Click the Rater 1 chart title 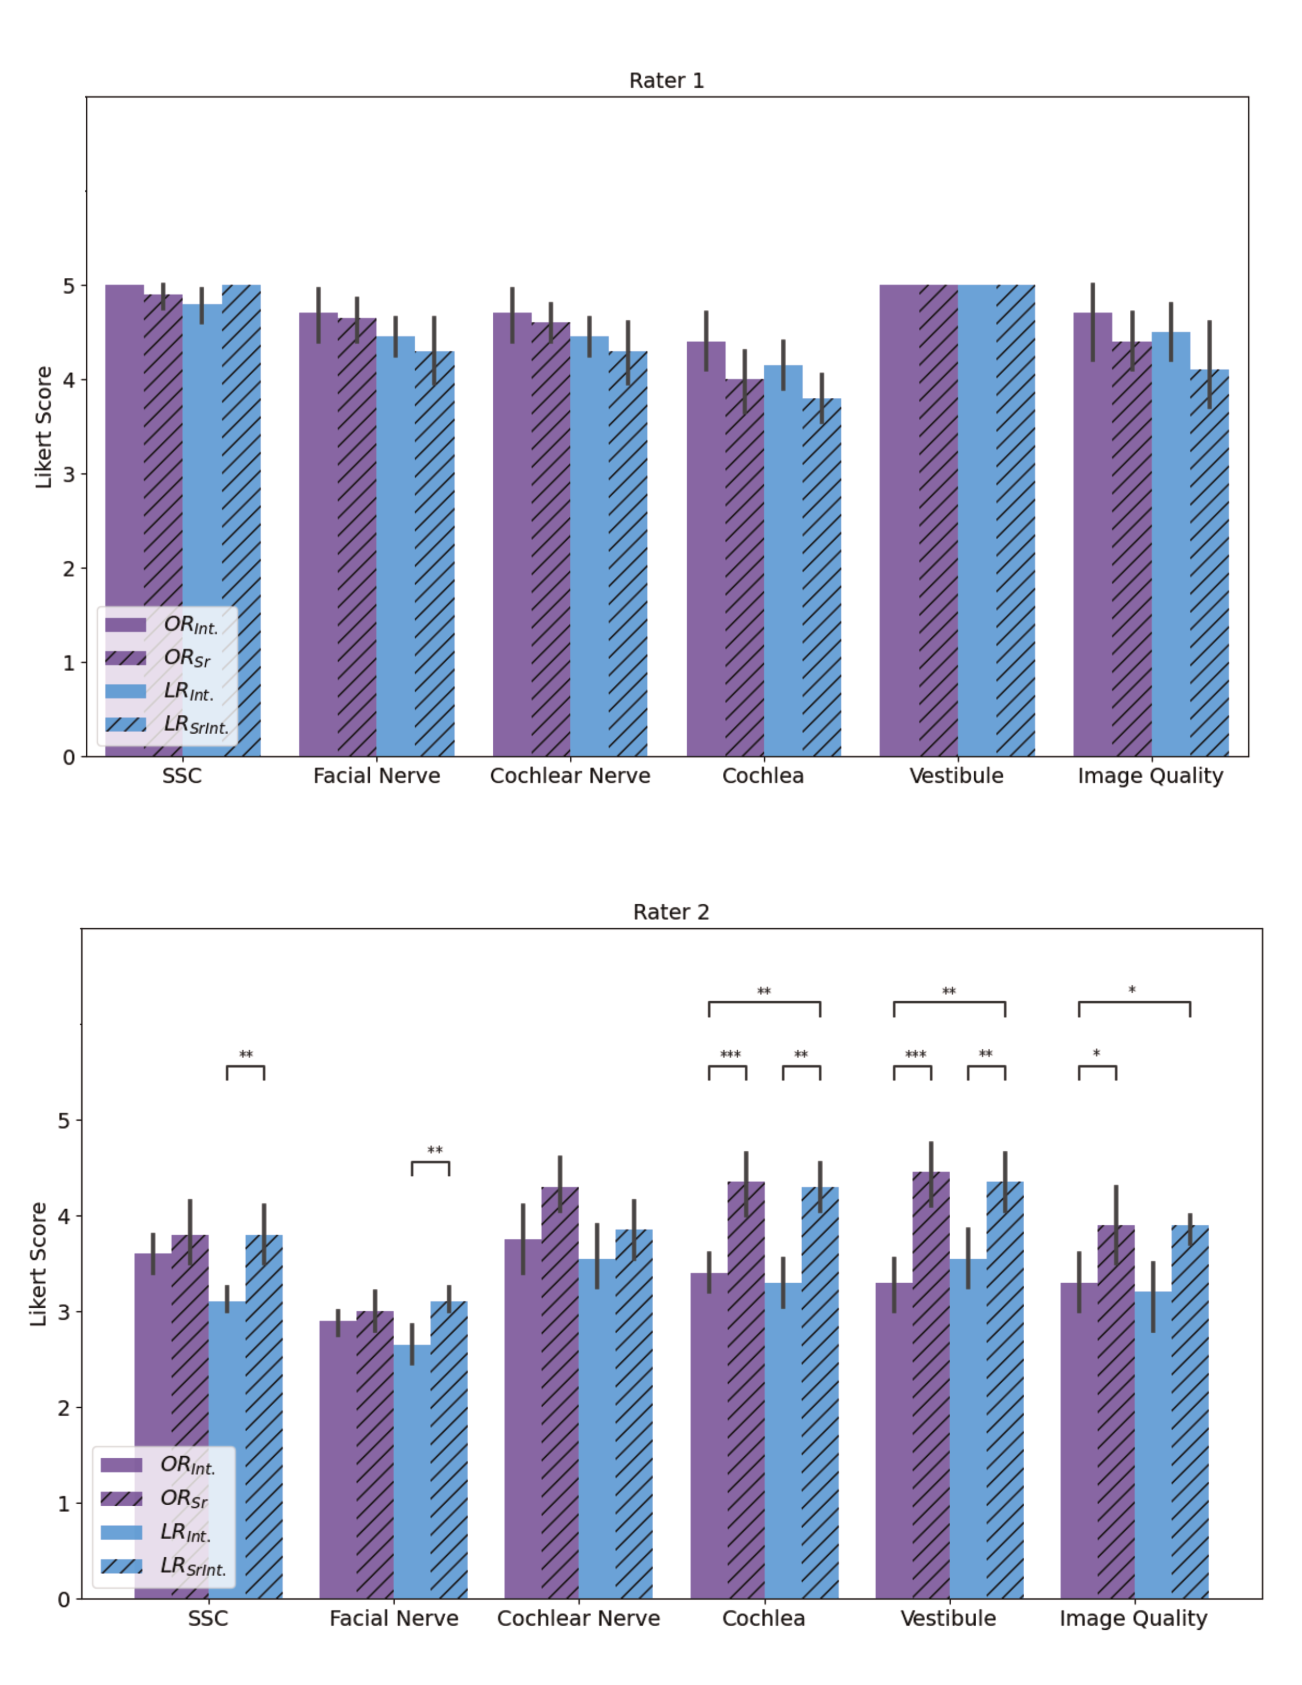click(x=666, y=81)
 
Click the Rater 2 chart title click(x=670, y=912)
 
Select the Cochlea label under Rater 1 click(x=763, y=776)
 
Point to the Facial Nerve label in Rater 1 click(x=376, y=776)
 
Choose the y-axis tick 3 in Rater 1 click(x=68, y=474)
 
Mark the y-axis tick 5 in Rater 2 click(x=64, y=1120)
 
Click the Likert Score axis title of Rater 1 click(x=44, y=427)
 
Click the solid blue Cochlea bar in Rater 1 click(x=783, y=563)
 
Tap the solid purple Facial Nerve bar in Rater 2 click(x=338, y=1458)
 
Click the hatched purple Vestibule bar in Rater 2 click(x=930, y=1389)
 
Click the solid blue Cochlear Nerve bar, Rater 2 click(x=597, y=1427)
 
